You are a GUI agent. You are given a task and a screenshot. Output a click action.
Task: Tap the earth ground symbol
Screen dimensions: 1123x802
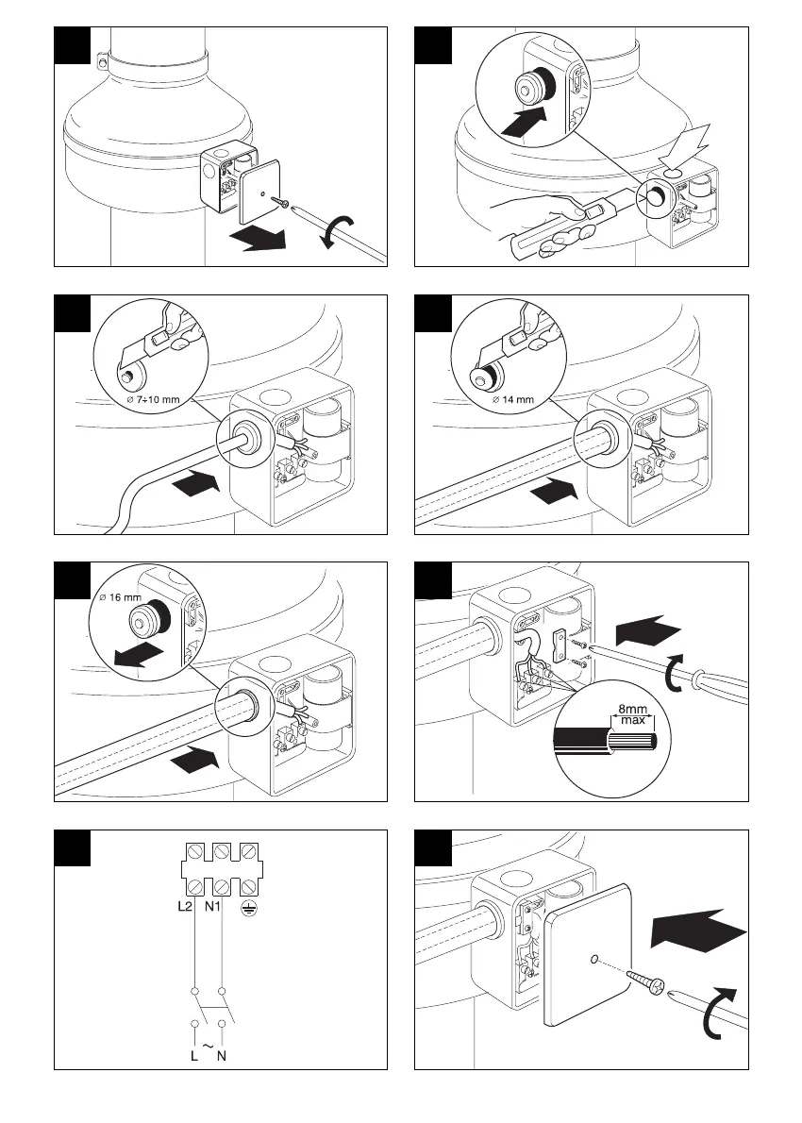point(250,906)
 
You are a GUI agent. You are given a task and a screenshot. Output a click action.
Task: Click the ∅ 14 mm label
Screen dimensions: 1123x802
point(512,399)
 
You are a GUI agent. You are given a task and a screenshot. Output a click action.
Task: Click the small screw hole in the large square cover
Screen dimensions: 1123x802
point(592,960)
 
